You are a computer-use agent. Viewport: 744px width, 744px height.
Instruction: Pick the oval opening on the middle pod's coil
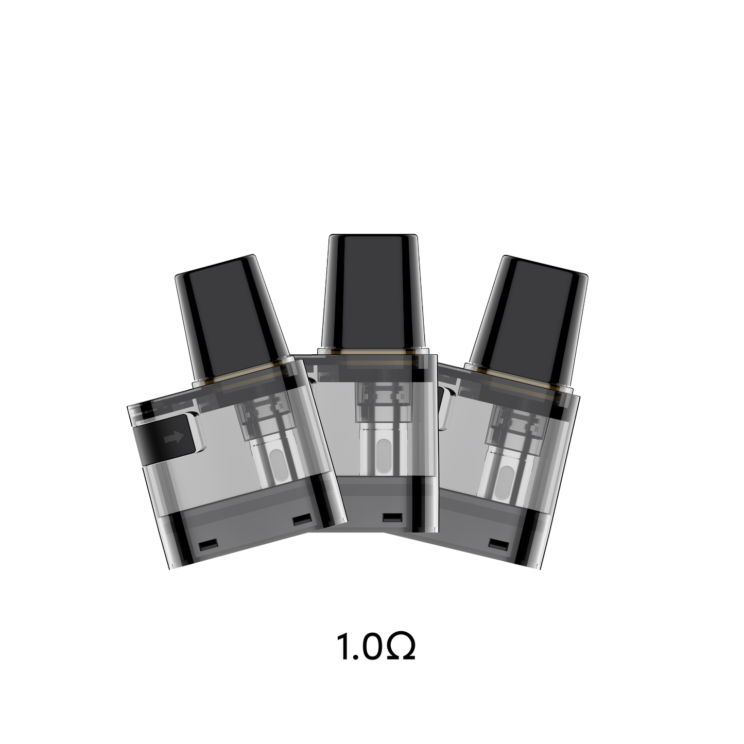tap(384, 453)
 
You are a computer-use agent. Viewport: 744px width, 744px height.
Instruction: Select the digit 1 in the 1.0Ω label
tap(343, 648)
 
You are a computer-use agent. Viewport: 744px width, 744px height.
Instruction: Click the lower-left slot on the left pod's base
tap(207, 545)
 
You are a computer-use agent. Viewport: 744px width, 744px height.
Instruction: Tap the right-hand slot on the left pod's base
tap(299, 520)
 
